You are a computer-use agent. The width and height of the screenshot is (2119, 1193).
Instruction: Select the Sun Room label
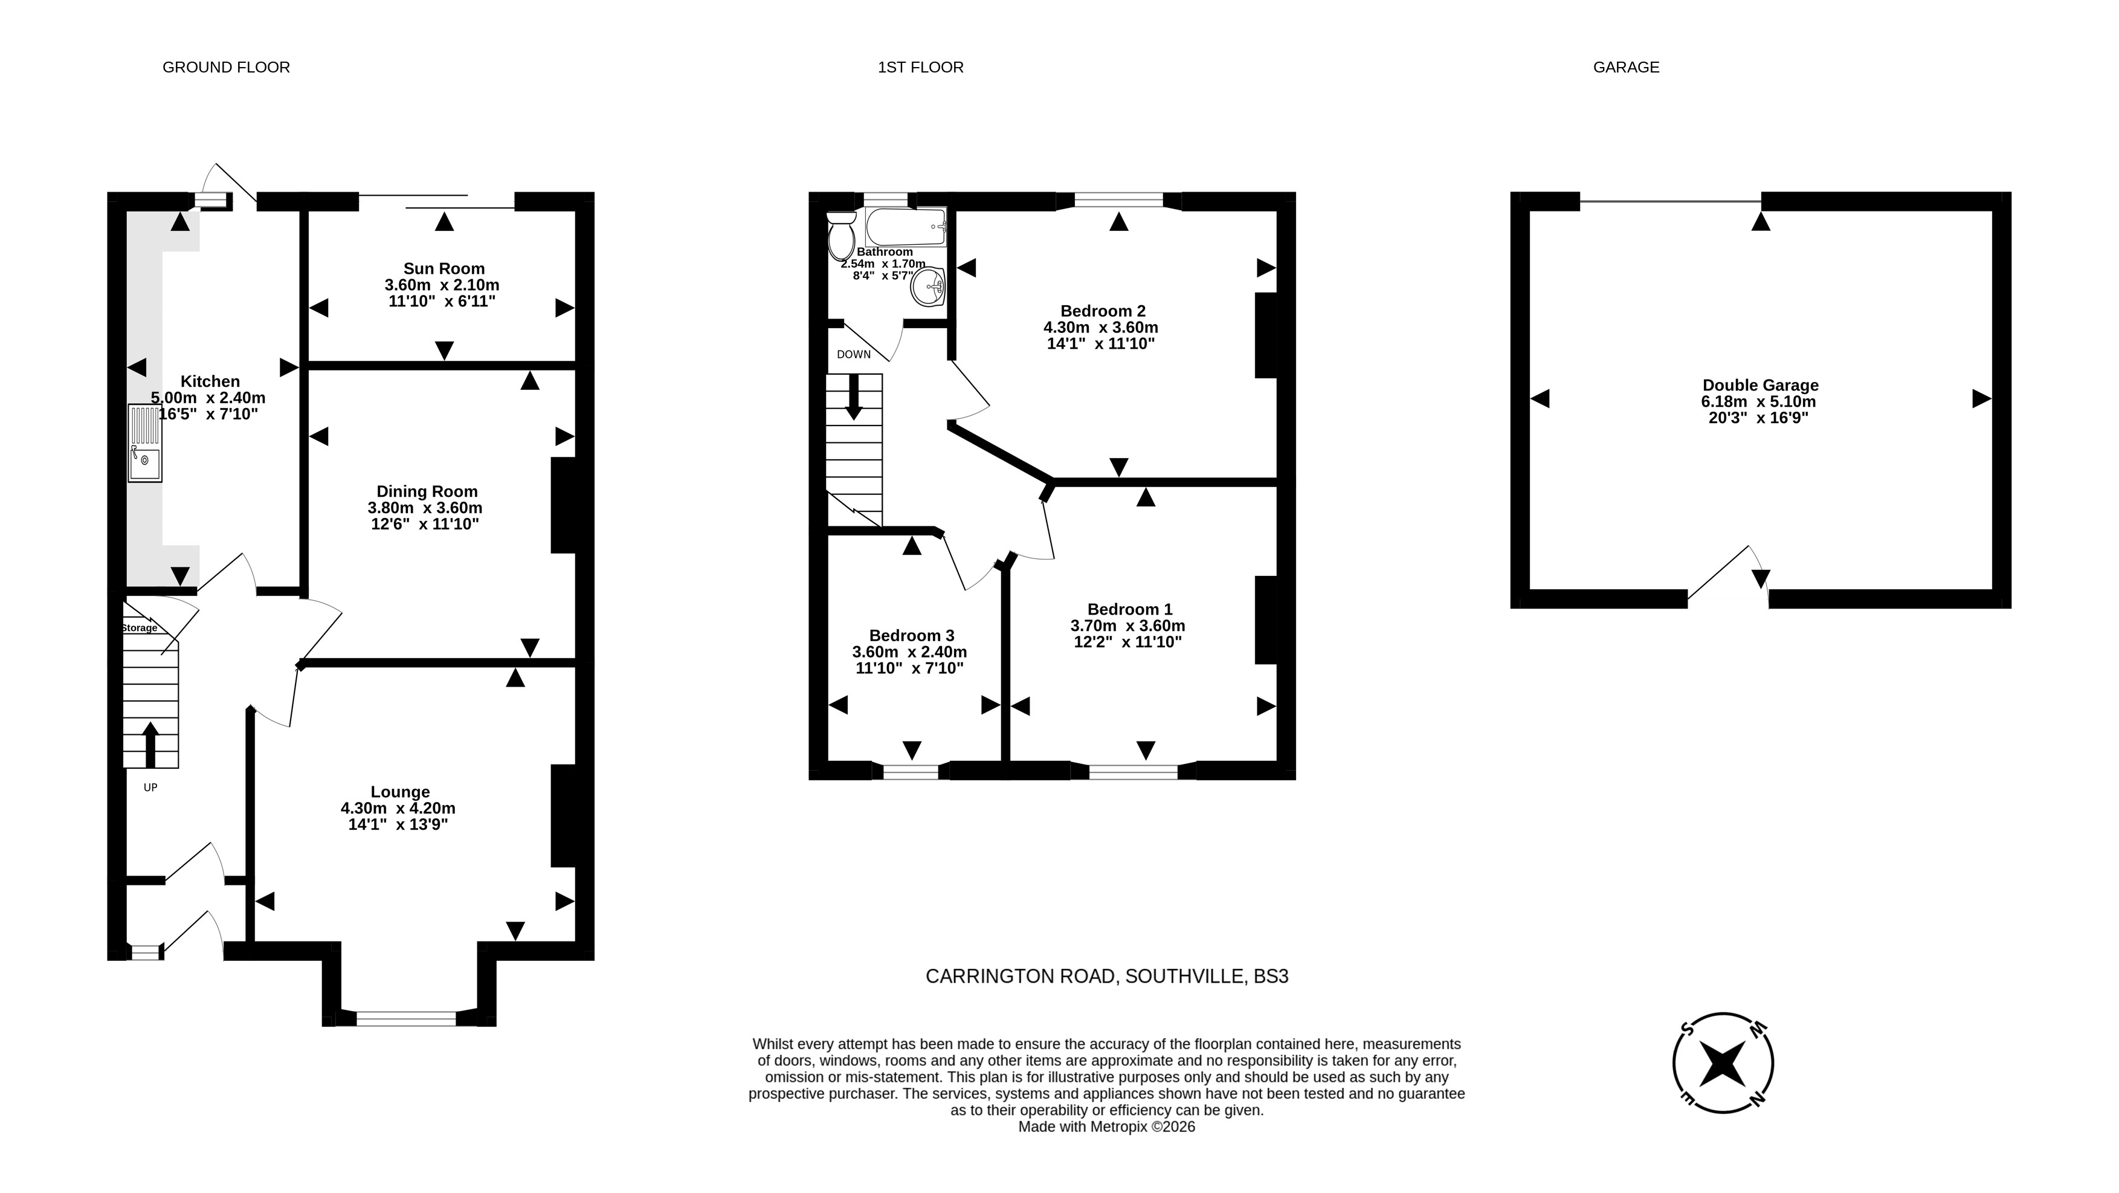click(443, 268)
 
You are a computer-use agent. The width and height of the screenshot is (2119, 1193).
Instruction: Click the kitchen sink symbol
click(145, 442)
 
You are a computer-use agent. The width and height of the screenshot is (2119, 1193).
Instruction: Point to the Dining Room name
click(427, 492)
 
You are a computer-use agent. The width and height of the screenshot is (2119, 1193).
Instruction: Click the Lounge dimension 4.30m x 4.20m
click(398, 808)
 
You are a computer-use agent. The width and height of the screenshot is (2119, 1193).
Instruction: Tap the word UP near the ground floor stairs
click(150, 787)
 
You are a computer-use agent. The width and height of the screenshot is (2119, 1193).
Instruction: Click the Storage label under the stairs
click(140, 628)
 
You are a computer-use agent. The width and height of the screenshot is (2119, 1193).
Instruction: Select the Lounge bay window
click(407, 1018)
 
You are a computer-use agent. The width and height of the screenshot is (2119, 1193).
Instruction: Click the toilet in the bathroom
click(840, 236)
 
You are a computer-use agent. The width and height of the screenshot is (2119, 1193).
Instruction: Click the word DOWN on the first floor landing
click(854, 355)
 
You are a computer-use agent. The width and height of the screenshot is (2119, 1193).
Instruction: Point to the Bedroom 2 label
click(1102, 311)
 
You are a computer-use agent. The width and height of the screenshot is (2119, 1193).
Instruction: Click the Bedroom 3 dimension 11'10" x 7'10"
click(910, 668)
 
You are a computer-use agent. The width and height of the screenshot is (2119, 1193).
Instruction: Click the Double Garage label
click(1760, 385)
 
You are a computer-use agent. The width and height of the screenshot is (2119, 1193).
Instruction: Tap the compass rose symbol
click(1723, 1063)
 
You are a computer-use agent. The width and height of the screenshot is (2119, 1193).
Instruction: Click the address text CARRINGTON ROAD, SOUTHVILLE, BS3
click(1107, 977)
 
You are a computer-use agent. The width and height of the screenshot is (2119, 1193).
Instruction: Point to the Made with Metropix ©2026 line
click(1106, 1127)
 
